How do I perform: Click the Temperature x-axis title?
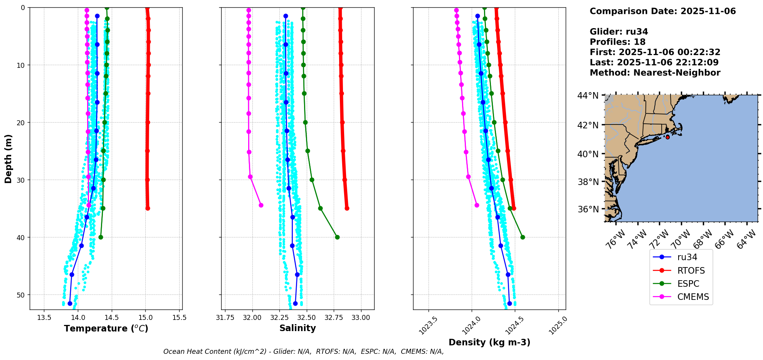pyautogui.click(x=106, y=328)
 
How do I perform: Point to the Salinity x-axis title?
pyautogui.click(x=297, y=328)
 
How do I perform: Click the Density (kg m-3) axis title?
pyautogui.click(x=489, y=342)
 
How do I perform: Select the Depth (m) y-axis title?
pyautogui.click(x=8, y=158)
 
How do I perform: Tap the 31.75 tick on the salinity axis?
pyautogui.click(x=225, y=318)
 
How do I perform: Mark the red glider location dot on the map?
pyautogui.click(x=667, y=137)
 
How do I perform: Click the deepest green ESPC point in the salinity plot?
pyautogui.click(x=337, y=237)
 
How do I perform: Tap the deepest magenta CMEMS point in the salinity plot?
pyautogui.click(x=261, y=205)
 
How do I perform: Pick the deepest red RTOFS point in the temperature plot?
pyautogui.click(x=148, y=208)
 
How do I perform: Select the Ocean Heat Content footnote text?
pyautogui.click(x=303, y=352)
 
